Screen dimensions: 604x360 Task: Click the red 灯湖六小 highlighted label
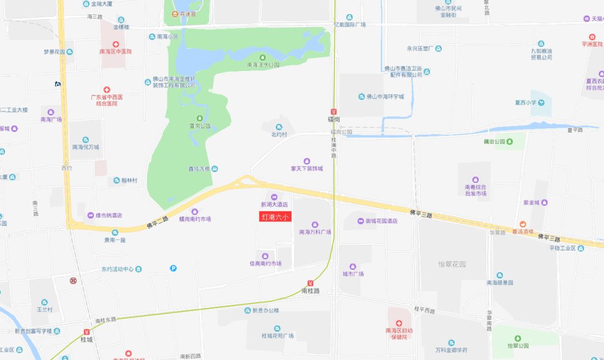pyautogui.click(x=276, y=216)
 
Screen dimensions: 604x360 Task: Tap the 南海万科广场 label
pyautogui.click(x=315, y=231)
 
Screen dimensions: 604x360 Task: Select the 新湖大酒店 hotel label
pyautogui.click(x=274, y=205)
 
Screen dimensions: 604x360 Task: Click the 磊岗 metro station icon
pyautogui.click(x=334, y=111)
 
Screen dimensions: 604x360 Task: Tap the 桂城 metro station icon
pyautogui.click(x=86, y=331)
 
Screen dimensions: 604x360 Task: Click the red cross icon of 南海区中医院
pyautogui.click(x=115, y=44)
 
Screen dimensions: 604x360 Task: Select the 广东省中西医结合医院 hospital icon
pyautogui.click(x=106, y=90)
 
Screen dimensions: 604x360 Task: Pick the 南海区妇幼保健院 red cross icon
pyautogui.click(x=399, y=323)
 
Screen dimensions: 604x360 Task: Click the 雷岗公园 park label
pyautogui.click(x=200, y=126)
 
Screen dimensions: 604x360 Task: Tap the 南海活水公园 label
pyautogui.click(x=263, y=65)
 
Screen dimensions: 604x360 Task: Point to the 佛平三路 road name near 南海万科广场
pyautogui.click(x=421, y=212)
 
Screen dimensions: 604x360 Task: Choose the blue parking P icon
pyautogui.click(x=173, y=268)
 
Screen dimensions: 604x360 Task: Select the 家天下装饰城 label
pyautogui.click(x=306, y=168)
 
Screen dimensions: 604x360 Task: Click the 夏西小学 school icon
pyautogui.click(x=540, y=102)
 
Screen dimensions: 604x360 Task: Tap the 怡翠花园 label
pyautogui.click(x=451, y=264)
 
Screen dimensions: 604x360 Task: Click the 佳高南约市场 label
pyautogui.click(x=265, y=263)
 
